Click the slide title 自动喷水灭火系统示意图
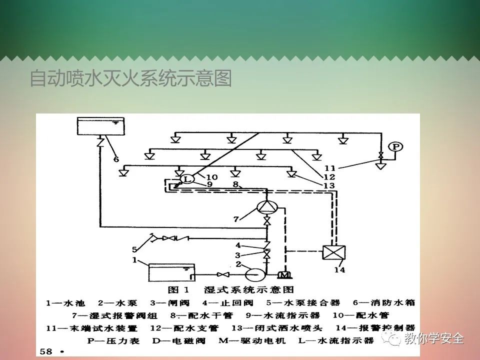[x=130, y=78]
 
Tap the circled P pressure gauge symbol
[x=396, y=146]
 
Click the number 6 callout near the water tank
[x=116, y=159]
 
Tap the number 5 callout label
[x=134, y=248]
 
